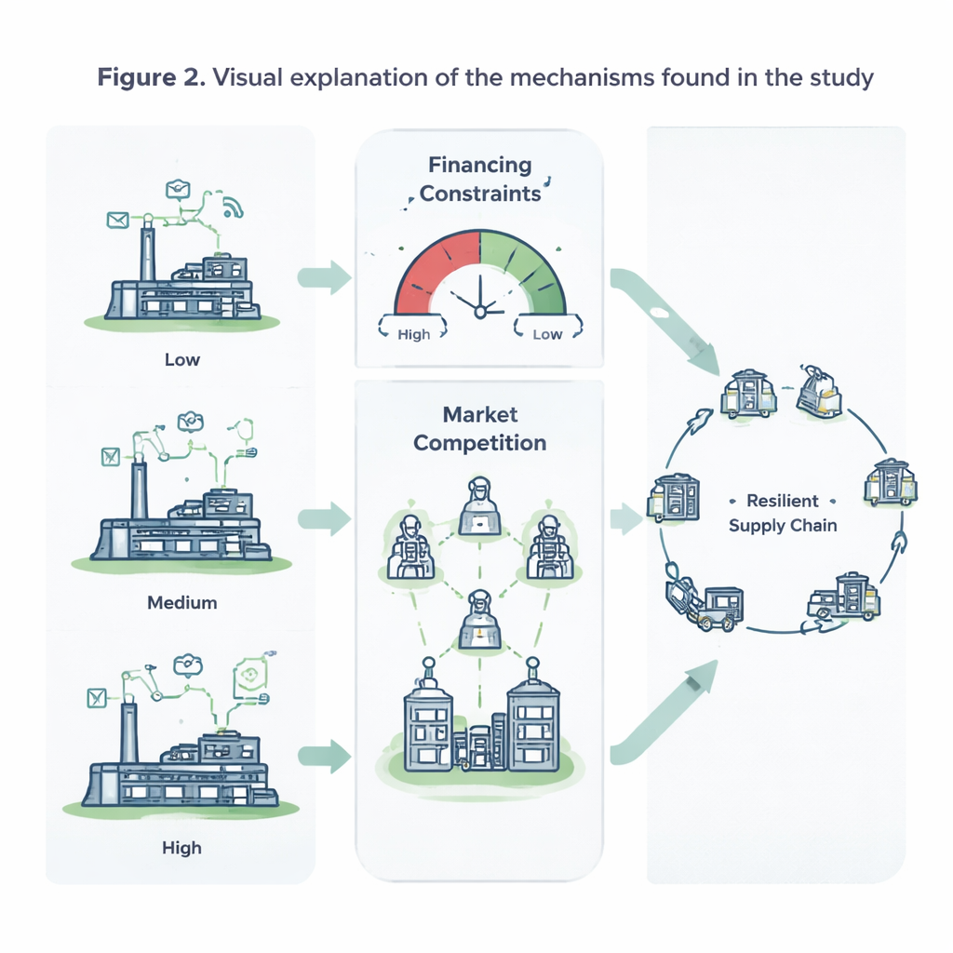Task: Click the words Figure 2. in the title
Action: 150,77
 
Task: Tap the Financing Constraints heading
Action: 479,180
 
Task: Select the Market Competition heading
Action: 479,428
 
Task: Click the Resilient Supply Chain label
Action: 783,513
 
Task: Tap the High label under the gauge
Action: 413,334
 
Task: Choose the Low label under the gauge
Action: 546,334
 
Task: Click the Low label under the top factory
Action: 181,359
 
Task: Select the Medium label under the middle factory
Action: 181,602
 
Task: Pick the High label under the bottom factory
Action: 181,848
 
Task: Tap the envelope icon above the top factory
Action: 117,220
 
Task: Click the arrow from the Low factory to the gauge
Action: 325,275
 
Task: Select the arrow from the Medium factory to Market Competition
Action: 325,517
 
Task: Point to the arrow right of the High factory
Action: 325,756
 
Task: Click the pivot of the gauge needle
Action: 480,313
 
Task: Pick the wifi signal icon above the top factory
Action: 233,207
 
